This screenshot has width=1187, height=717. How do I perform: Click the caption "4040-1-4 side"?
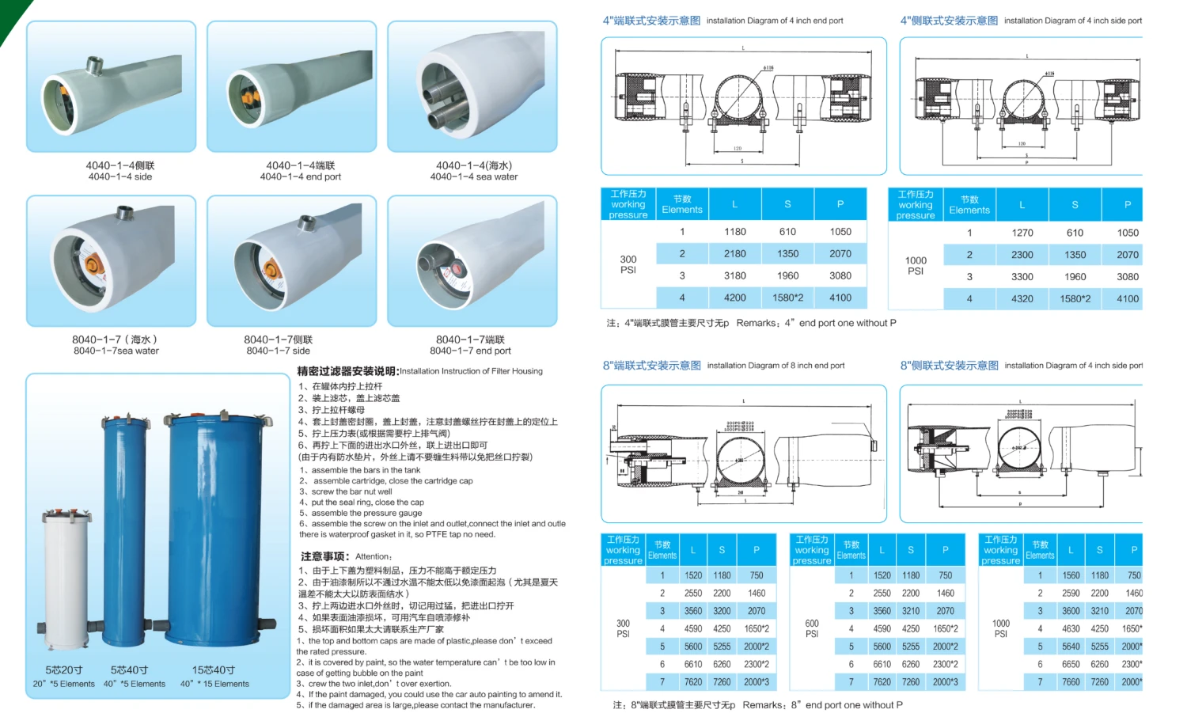click(x=120, y=177)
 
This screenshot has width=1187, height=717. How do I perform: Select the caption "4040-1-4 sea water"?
click(x=474, y=177)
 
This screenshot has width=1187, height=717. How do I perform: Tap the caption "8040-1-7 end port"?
click(x=470, y=351)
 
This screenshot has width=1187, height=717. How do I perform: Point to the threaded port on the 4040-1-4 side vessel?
click(x=95, y=65)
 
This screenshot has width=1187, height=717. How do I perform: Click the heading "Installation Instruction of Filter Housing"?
click(x=471, y=371)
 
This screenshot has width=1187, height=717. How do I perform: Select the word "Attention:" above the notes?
click(x=374, y=557)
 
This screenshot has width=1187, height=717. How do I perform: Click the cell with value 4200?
click(x=734, y=298)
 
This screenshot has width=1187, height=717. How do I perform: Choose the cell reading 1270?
click(x=1022, y=233)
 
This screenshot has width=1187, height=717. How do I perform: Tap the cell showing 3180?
click(x=734, y=276)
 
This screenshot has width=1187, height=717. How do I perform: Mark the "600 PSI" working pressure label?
click(x=812, y=628)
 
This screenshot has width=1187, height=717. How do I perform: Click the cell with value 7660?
click(x=1071, y=682)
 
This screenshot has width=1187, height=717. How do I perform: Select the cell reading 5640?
click(x=1071, y=647)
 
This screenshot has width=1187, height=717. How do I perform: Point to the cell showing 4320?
click(x=1022, y=299)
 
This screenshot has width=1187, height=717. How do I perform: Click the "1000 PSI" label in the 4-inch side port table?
click(x=916, y=266)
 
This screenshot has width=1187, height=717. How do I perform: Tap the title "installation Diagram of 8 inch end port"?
click(x=776, y=366)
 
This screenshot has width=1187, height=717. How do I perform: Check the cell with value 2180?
click(x=734, y=254)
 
